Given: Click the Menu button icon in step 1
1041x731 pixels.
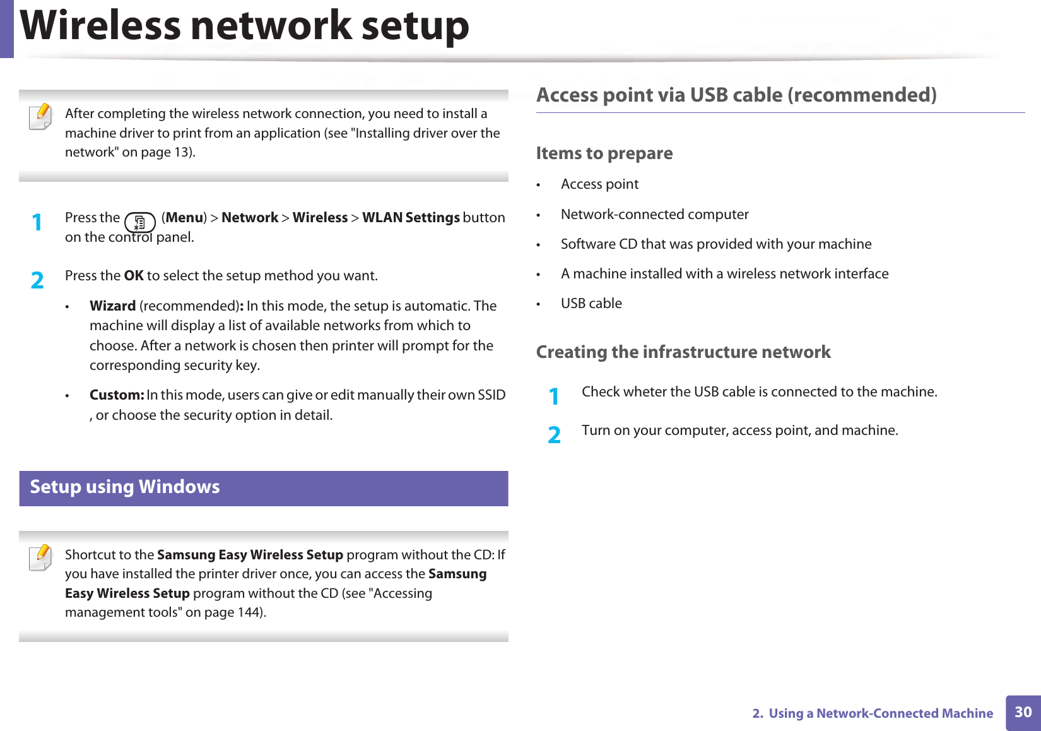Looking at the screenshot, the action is (x=139, y=223).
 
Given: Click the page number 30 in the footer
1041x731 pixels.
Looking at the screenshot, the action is (x=1023, y=712).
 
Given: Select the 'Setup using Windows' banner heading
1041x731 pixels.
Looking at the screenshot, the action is (x=125, y=487).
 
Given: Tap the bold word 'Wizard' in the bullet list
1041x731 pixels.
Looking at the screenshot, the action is (x=113, y=306).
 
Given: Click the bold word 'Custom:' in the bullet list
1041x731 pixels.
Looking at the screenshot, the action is (x=117, y=395).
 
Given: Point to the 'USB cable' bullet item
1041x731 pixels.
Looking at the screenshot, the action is (x=591, y=304).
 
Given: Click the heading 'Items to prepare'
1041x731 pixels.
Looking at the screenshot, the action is (x=604, y=153).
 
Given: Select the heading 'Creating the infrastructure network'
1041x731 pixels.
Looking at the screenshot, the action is (x=683, y=352).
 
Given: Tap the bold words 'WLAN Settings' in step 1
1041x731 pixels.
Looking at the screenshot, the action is (x=411, y=218).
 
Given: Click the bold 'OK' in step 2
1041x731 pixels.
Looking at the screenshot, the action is (x=134, y=276).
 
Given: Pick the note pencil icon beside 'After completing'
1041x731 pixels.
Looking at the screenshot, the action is (x=41, y=117).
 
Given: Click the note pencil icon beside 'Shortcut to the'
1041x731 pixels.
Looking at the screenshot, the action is (x=41, y=557).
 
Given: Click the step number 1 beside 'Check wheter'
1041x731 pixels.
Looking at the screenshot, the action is (x=554, y=396).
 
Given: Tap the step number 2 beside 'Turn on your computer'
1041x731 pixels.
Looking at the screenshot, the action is (x=554, y=435).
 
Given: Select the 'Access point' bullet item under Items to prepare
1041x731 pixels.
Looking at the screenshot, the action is (x=599, y=184).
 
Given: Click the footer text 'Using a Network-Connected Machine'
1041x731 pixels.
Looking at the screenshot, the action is (x=880, y=713).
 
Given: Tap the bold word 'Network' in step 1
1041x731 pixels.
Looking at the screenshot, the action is (x=250, y=218).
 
